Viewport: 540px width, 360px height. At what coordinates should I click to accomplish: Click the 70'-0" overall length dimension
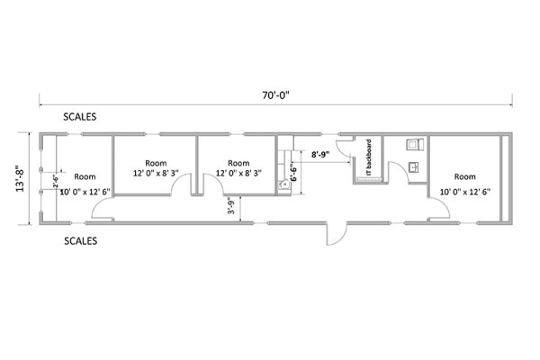(275, 95)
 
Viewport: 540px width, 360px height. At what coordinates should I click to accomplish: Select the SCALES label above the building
(79, 117)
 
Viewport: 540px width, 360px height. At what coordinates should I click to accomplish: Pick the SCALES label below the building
(81, 241)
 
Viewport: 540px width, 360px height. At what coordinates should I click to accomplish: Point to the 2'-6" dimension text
(56, 181)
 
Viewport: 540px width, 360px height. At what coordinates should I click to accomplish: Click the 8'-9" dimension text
(320, 154)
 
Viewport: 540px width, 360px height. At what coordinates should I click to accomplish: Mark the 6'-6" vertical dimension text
(293, 172)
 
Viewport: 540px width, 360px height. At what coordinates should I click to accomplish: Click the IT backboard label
(368, 157)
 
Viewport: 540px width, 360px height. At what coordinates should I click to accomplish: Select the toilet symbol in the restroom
(415, 144)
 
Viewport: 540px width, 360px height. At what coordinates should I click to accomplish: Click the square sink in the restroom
(413, 167)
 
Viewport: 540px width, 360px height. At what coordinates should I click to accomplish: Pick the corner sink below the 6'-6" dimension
(284, 184)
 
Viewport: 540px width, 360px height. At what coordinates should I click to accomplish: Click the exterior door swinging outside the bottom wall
(337, 234)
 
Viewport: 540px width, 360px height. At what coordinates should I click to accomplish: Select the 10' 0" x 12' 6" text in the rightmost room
(465, 192)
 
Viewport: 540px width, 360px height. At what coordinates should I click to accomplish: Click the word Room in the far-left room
(85, 176)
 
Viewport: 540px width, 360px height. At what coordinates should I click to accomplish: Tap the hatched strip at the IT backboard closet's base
(369, 178)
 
